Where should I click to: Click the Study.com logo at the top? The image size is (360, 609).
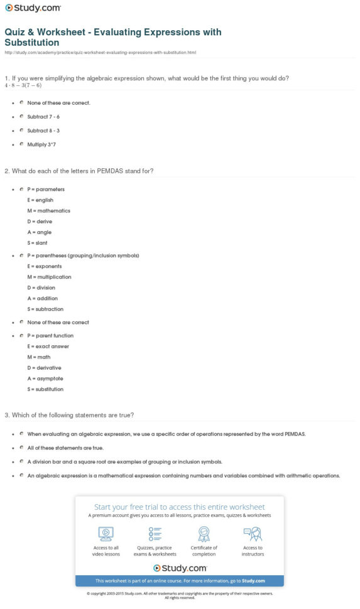pyautogui.click(x=33, y=8)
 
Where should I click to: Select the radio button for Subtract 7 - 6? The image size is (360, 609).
pyautogui.click(x=21, y=116)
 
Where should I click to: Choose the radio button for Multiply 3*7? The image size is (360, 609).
pyautogui.click(x=21, y=144)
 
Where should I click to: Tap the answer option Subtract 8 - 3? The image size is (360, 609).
pyautogui.click(x=43, y=130)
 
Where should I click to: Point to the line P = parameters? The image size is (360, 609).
pyautogui.click(x=46, y=189)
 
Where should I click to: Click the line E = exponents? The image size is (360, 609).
pyautogui.click(x=45, y=266)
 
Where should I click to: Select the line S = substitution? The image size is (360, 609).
pyautogui.click(x=45, y=389)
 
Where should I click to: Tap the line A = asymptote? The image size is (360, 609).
pyautogui.click(x=45, y=379)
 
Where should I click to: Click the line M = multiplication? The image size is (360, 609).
pyautogui.click(x=49, y=277)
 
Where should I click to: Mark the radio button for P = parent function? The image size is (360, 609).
pyautogui.click(x=21, y=335)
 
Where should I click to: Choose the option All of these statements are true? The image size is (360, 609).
pyautogui.click(x=65, y=448)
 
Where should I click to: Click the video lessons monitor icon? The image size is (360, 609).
pyautogui.click(x=106, y=534)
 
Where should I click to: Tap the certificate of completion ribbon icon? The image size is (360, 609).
pyautogui.click(x=204, y=534)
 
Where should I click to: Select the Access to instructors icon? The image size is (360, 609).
pyautogui.click(x=253, y=534)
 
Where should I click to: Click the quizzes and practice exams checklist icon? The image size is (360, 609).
pyautogui.click(x=155, y=534)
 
